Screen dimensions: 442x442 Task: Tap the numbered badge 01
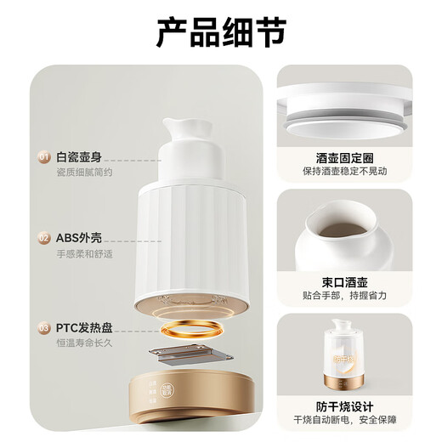pos(42,158)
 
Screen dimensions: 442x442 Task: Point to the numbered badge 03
pos(42,327)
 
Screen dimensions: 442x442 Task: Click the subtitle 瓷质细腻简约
pos(84,173)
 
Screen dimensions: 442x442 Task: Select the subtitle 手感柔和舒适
pos(84,255)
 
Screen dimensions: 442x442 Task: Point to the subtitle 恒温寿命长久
pos(84,343)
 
